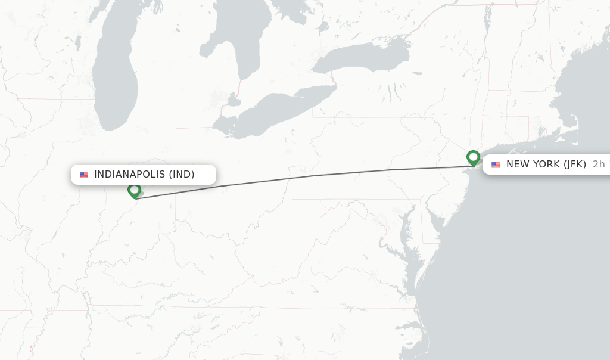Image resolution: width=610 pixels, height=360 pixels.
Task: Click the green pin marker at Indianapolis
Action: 134,190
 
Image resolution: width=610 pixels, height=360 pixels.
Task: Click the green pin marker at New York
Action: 474,157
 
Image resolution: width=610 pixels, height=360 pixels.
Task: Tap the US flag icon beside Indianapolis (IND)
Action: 84,175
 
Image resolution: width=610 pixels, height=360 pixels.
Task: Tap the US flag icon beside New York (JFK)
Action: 496,165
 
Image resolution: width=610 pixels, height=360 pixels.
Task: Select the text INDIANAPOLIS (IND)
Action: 144,175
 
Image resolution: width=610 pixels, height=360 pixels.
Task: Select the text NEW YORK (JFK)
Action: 546,165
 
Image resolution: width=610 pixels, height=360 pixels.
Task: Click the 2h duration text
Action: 599,165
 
